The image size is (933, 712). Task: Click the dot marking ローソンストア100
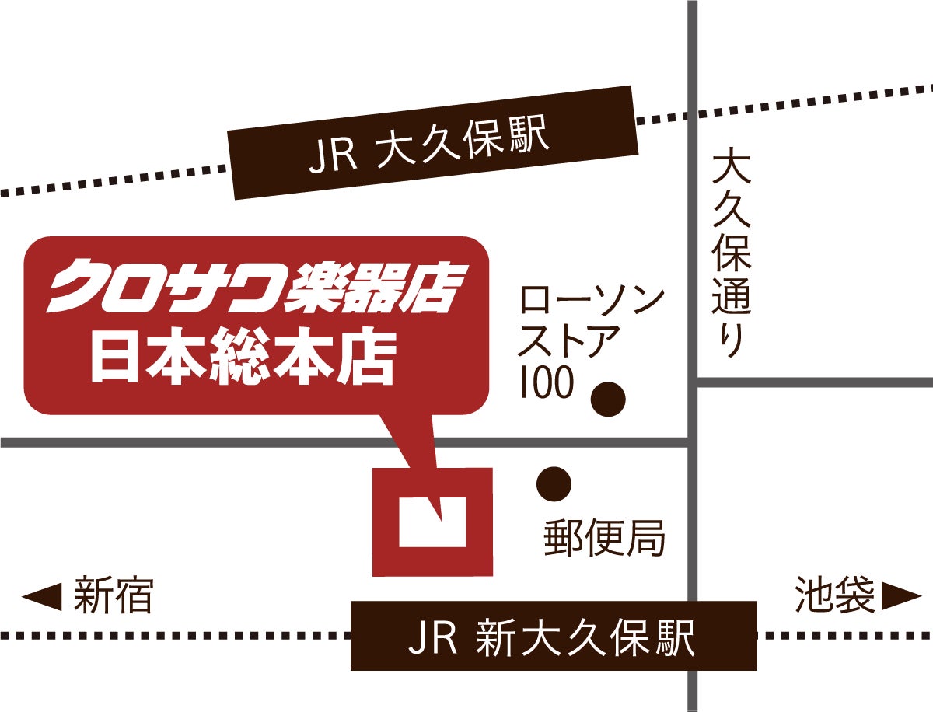pyautogui.click(x=608, y=400)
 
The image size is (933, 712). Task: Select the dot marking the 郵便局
pyautogui.click(x=554, y=484)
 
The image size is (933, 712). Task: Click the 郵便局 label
pyautogui.click(x=604, y=537)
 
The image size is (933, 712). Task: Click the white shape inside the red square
pyautogui.click(x=432, y=522)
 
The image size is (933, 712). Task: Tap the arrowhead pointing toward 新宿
pyautogui.click(x=42, y=597)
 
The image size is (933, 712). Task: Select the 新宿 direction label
pyautogui.click(x=112, y=597)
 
